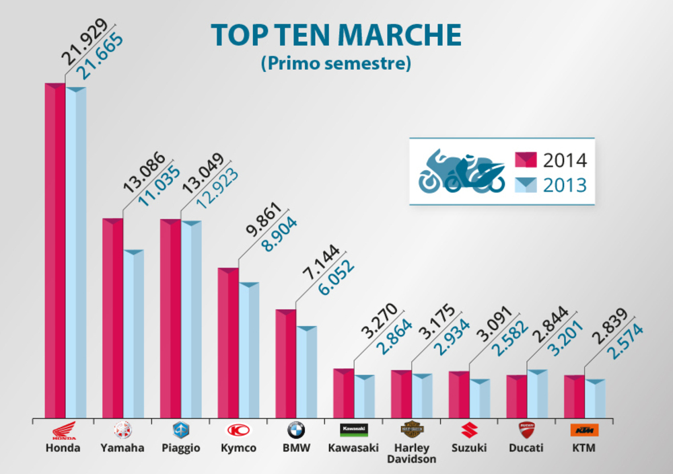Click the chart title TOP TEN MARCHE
(x=336, y=35)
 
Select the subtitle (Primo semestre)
(x=336, y=65)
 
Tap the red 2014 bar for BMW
(x=286, y=363)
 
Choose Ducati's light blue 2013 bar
(x=536, y=393)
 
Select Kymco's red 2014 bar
(x=228, y=343)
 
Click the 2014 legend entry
(x=551, y=160)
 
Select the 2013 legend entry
(x=551, y=184)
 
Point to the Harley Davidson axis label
(x=410, y=453)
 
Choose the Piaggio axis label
(x=180, y=448)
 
